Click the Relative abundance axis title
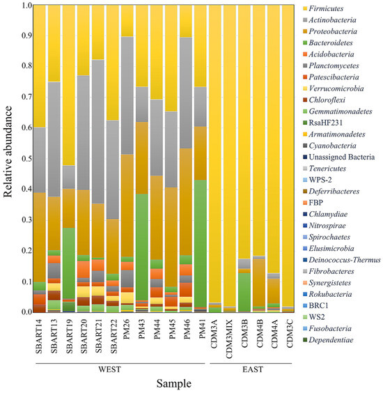10,158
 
